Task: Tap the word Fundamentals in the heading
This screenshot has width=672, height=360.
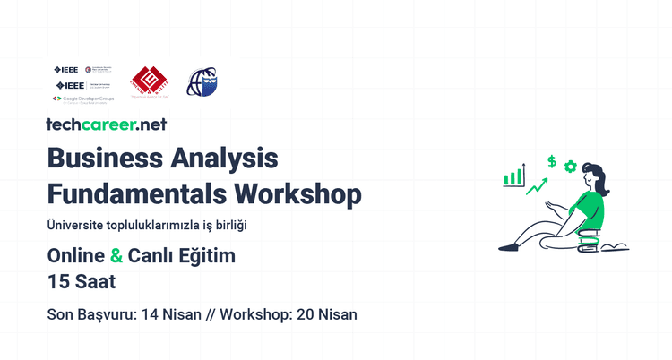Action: point(135,193)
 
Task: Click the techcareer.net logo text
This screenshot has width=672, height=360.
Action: point(106,125)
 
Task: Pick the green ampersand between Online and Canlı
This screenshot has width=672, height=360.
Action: point(116,256)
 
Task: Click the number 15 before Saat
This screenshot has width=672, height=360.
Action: point(59,281)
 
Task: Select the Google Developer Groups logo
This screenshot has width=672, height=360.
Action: point(86,99)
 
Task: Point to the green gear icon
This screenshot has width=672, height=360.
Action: point(570,167)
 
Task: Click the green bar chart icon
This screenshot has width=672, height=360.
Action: point(513,176)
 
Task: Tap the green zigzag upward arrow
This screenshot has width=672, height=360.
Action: point(538,186)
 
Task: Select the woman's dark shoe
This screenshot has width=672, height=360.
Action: point(508,245)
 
